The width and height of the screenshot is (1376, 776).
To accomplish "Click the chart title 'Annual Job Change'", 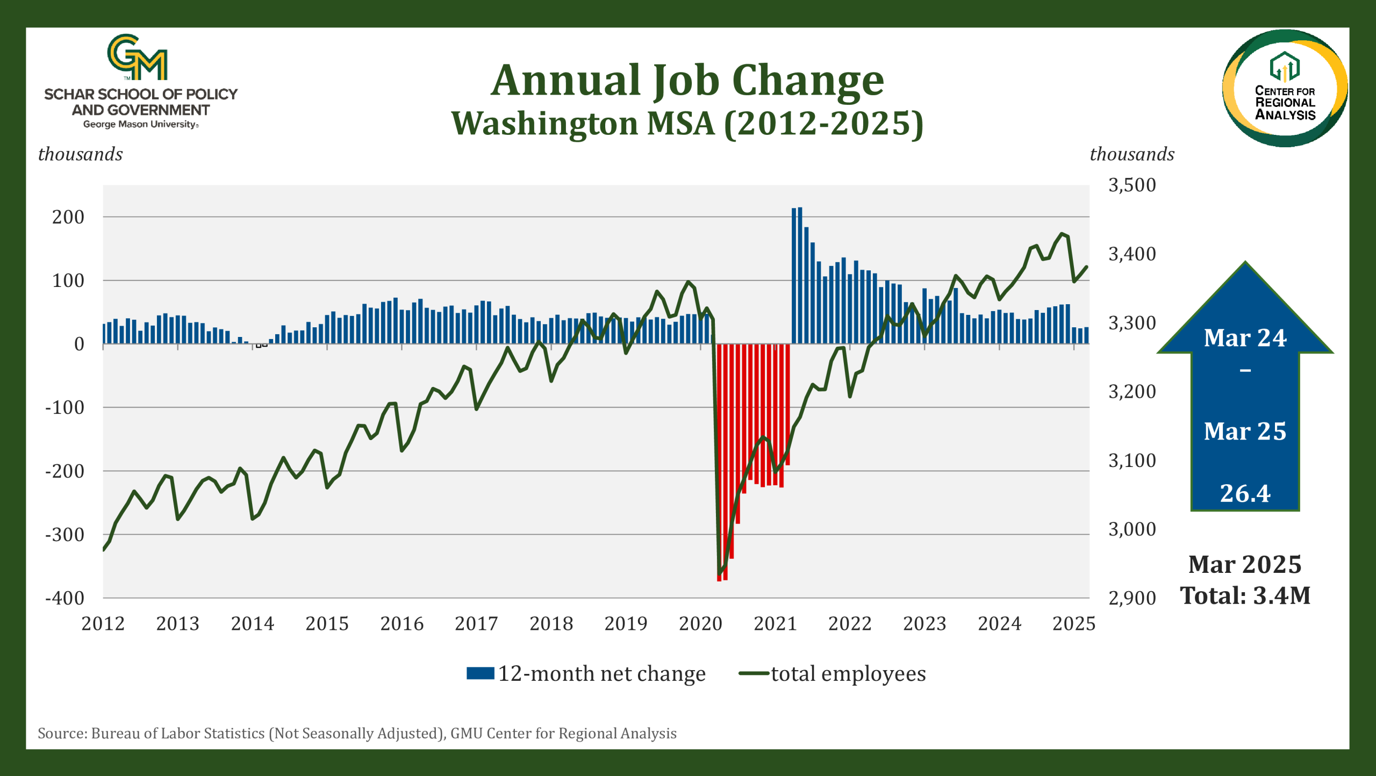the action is [x=687, y=81].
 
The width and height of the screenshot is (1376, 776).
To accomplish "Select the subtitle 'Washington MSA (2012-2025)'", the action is [x=687, y=124].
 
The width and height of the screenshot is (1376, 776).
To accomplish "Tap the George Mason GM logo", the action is [x=138, y=57].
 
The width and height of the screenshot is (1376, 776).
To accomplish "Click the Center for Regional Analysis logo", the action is [x=1285, y=88].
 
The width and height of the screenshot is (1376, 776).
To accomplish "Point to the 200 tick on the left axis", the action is [x=68, y=217].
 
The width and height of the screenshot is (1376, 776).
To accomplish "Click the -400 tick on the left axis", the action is [x=64, y=598].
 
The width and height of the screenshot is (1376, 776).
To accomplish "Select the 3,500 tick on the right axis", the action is [x=1132, y=185].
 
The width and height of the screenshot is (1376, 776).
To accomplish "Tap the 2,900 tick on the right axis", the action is [x=1132, y=598].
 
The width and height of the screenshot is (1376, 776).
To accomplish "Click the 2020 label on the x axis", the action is [x=700, y=623].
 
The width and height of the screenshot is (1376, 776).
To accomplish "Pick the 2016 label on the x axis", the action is [x=402, y=623].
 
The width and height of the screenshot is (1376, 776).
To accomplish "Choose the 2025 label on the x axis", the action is [x=1074, y=623].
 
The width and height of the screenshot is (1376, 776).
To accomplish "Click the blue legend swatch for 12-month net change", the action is [x=480, y=673].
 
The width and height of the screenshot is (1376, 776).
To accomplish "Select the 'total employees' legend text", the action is [x=849, y=673].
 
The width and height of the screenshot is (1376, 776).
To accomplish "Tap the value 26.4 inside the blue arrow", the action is [x=1245, y=493].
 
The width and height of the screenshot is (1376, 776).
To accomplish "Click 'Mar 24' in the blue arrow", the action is [x=1245, y=338].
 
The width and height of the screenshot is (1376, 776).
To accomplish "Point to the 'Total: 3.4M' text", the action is [x=1245, y=595].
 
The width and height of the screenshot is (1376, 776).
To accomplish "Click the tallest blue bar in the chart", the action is [x=800, y=275].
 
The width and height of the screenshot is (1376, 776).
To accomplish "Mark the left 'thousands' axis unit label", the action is [x=81, y=154].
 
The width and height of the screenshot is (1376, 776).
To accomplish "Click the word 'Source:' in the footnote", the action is [x=62, y=734].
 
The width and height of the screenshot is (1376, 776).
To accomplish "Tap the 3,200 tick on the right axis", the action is [x=1132, y=391].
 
